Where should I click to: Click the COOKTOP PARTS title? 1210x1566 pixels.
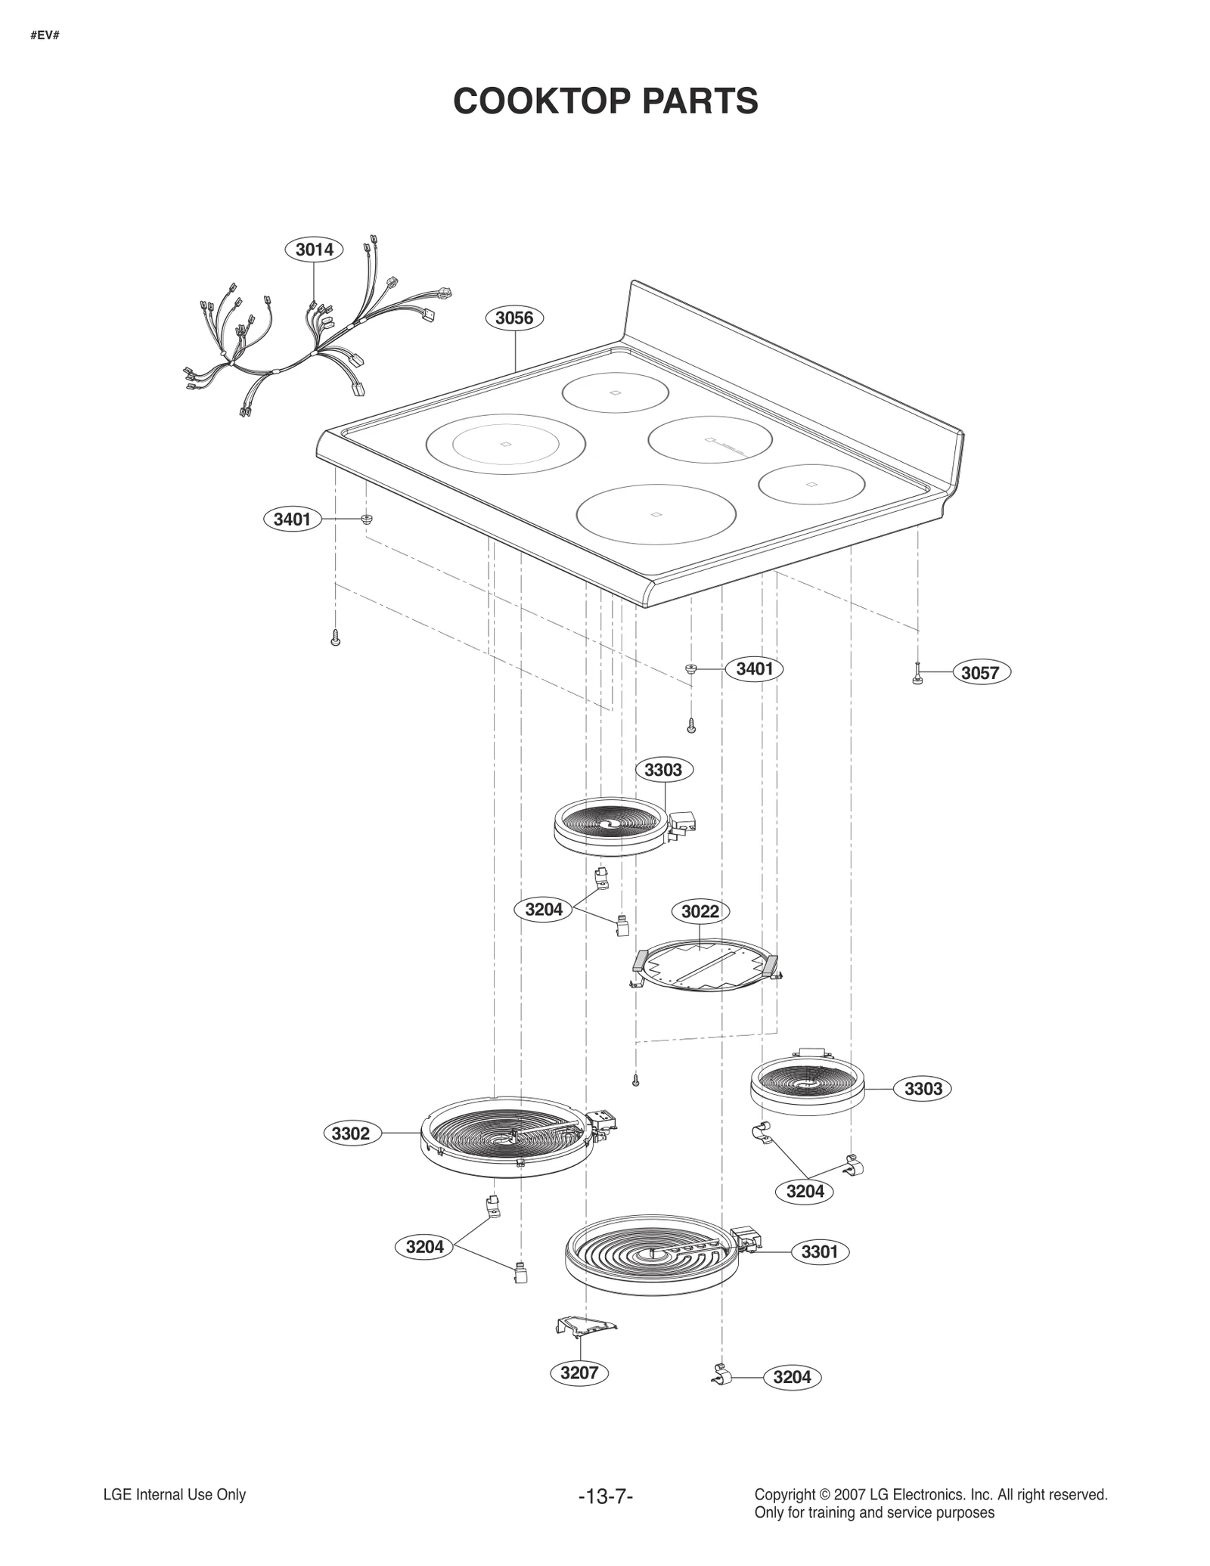[x=605, y=101]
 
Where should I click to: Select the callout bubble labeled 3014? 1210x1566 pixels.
[x=314, y=249]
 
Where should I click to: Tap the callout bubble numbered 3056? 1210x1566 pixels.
[x=514, y=318]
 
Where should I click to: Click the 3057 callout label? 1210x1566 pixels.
[x=980, y=672]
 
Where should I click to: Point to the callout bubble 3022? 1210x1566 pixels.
[x=700, y=911]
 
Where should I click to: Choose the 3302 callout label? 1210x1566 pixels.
[x=351, y=1133]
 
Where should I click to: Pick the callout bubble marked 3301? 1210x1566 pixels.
[x=820, y=1251]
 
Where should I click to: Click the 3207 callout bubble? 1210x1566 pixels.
[x=579, y=1372]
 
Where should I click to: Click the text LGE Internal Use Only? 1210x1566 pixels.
[x=175, y=1494]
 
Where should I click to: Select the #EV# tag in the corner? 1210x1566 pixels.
[x=45, y=35]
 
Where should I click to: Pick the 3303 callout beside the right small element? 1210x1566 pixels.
[x=923, y=1089]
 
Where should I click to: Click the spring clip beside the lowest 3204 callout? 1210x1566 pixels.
[x=721, y=1376]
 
